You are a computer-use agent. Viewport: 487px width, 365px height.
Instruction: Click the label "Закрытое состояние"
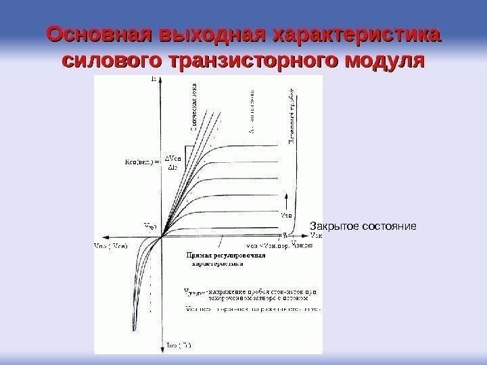[363, 224]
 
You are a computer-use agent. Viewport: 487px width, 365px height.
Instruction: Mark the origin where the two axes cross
[161, 237]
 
